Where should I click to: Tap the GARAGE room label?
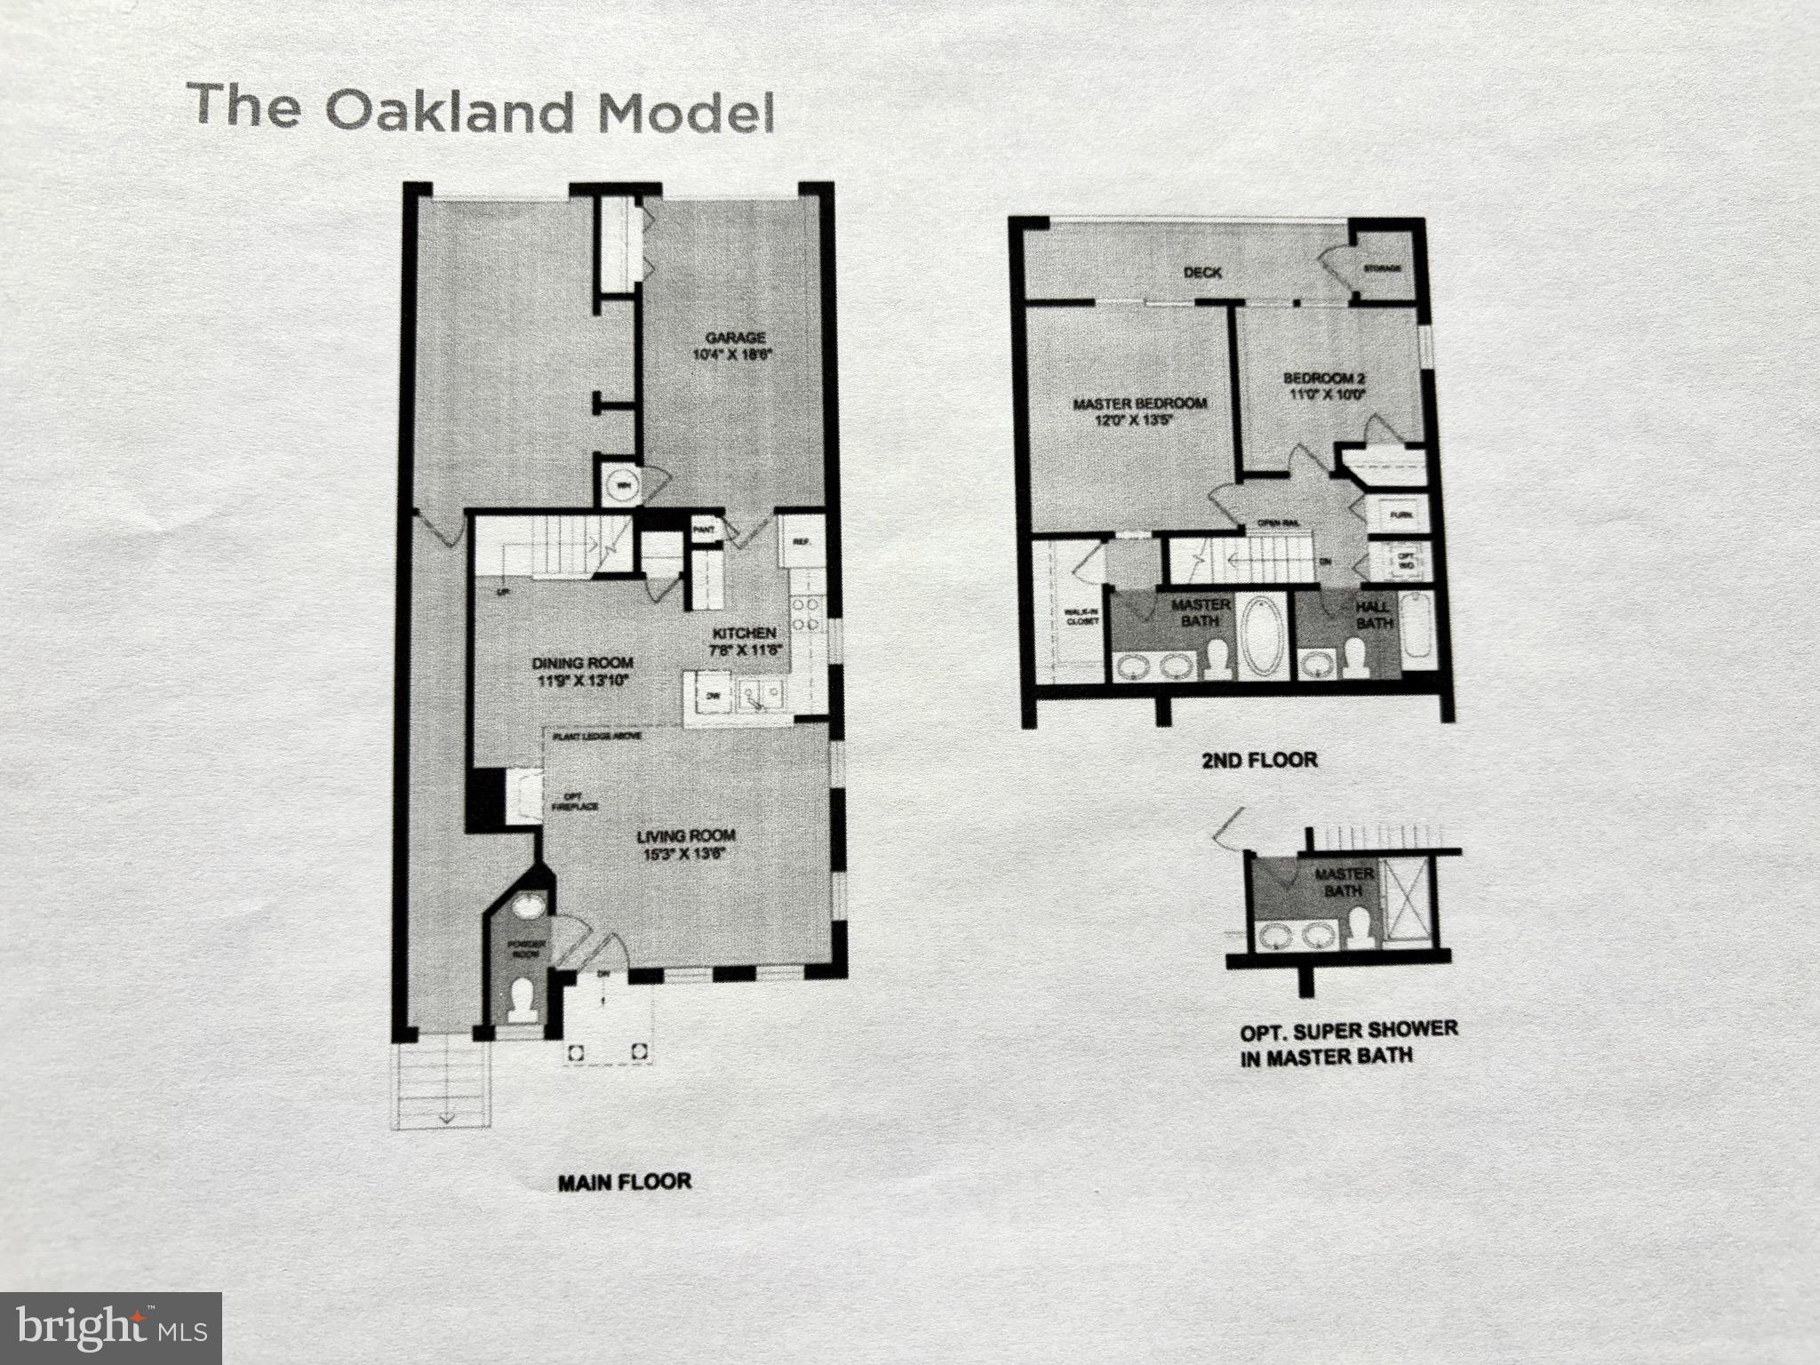click(x=736, y=338)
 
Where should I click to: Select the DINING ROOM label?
click(x=582, y=663)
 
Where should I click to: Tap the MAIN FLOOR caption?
click(x=624, y=1182)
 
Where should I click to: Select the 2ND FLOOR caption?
click(x=1260, y=760)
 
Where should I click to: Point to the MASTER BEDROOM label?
click(x=1139, y=403)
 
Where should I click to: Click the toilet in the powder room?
click(x=523, y=1002)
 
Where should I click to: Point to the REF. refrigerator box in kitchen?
click(x=799, y=540)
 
